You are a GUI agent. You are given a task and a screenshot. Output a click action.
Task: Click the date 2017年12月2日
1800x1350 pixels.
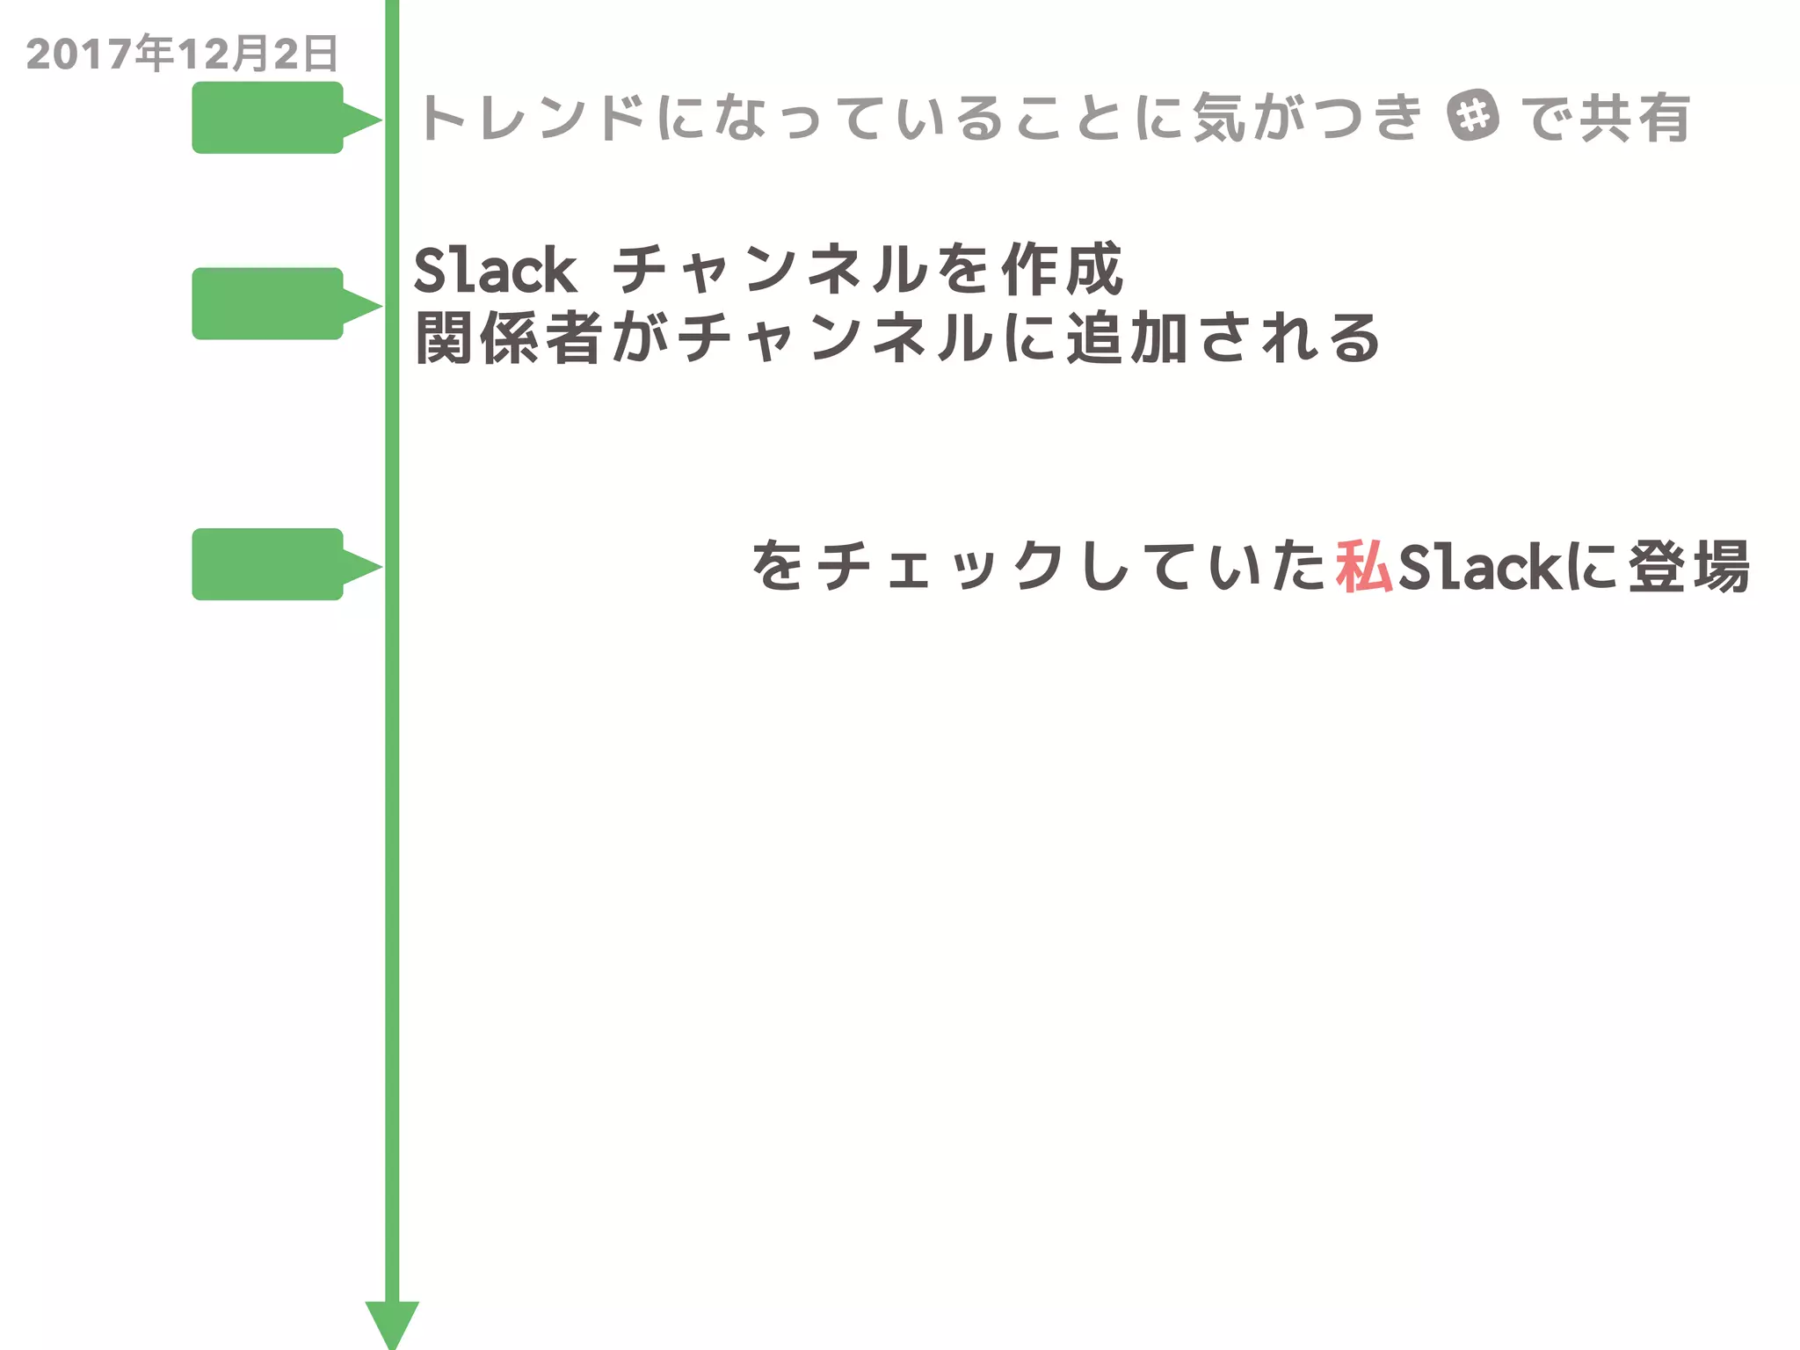(182, 54)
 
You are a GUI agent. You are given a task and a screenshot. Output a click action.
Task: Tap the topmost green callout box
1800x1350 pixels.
(267, 118)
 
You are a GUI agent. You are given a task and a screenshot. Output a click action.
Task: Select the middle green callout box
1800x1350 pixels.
(267, 303)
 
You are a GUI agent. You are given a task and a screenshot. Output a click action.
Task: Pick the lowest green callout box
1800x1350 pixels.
(267, 564)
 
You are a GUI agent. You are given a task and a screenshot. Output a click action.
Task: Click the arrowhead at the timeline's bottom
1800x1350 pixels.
(392, 1323)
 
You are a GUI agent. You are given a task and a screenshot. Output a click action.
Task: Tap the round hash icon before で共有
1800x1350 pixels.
(1472, 115)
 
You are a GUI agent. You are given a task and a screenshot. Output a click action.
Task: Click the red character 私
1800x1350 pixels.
(1363, 567)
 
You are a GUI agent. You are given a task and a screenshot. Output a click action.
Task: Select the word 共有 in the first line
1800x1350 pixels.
(1635, 117)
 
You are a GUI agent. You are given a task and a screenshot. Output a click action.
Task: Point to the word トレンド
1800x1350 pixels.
(533, 117)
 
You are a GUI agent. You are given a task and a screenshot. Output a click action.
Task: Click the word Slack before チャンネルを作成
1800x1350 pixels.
(495, 270)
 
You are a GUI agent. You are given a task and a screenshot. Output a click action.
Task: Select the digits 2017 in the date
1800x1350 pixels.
(80, 54)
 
